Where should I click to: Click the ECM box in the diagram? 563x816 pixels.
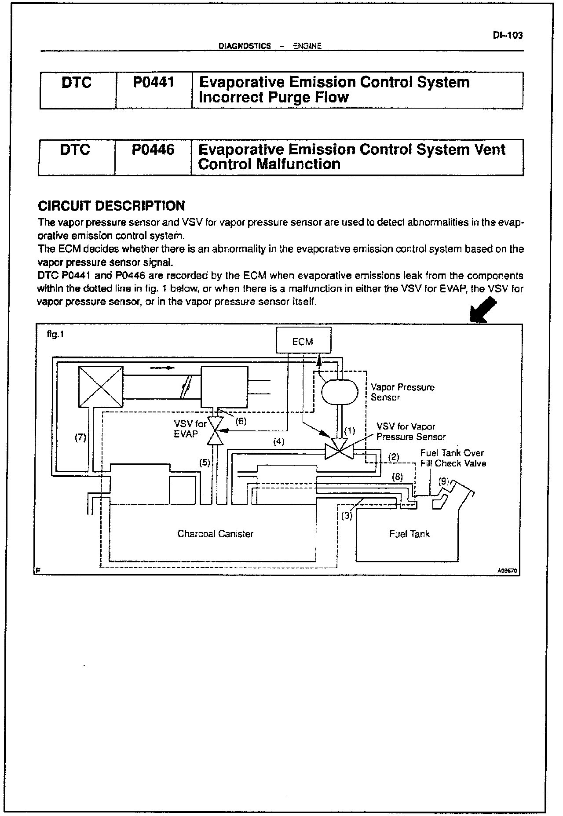point(303,341)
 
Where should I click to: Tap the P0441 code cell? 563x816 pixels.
point(154,83)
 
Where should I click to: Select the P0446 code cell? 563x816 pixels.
point(153,150)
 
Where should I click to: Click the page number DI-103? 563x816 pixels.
point(508,36)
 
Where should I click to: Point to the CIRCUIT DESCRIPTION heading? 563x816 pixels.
point(111,206)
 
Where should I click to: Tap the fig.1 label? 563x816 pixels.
point(55,335)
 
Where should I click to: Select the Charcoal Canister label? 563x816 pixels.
point(215,534)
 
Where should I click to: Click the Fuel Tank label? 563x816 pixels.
point(409,534)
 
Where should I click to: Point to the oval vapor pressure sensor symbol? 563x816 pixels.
point(340,392)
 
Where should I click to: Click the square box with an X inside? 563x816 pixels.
point(100,387)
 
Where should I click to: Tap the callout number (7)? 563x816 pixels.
point(80,438)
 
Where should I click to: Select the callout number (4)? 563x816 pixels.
point(279,442)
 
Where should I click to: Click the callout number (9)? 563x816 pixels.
point(444,481)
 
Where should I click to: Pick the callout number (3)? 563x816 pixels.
point(347,516)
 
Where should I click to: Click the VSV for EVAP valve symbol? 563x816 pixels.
point(216,431)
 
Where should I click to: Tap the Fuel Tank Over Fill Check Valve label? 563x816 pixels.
point(453,458)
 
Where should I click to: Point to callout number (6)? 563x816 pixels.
point(241,421)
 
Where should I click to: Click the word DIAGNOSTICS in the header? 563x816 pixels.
point(245,46)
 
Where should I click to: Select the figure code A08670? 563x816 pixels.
point(508,571)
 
